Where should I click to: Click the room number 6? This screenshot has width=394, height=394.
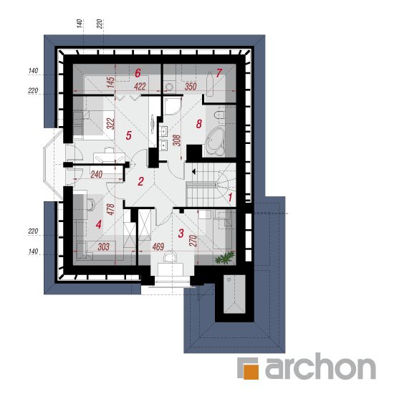pyautogui.click(x=138, y=73)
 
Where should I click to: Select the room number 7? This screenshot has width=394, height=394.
pyautogui.click(x=218, y=73)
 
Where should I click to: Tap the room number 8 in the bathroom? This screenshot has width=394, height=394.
pyautogui.click(x=198, y=124)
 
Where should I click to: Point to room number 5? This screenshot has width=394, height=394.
pyautogui.click(x=129, y=135)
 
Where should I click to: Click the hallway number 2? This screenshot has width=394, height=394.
pyautogui.click(x=140, y=181)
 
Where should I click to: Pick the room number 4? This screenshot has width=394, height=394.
pyautogui.click(x=99, y=224)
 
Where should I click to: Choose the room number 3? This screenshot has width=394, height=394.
pyautogui.click(x=181, y=234)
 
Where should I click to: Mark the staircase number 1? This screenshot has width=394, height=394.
pyautogui.click(x=230, y=197)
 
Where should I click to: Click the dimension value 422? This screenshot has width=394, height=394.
pyautogui.click(x=140, y=87)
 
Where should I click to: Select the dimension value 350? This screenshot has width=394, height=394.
pyautogui.click(x=191, y=87)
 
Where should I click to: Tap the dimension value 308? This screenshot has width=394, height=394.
pyautogui.click(x=177, y=140)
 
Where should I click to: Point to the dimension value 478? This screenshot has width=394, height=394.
pyautogui.click(x=110, y=209)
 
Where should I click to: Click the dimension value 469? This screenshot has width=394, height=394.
pyautogui.click(x=158, y=246)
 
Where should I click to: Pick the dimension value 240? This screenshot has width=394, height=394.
pyautogui.click(x=97, y=174)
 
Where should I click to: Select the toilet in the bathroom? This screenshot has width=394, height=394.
pyautogui.click(x=219, y=115)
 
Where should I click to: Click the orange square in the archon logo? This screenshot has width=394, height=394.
pyautogui.click(x=251, y=370)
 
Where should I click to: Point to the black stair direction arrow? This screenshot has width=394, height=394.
pyautogui.click(x=193, y=172)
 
